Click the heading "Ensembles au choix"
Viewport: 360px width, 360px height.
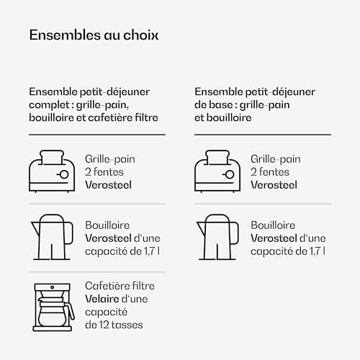point(94,35)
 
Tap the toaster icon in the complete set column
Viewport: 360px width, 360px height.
point(52,171)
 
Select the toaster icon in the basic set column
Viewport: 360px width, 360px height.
point(217,171)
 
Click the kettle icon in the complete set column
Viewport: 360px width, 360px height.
point(52,237)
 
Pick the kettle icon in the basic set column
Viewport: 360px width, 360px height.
point(217,237)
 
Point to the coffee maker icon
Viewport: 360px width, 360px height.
point(53,307)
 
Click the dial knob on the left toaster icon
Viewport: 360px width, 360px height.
point(64,174)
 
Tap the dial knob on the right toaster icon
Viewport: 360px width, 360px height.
point(230,174)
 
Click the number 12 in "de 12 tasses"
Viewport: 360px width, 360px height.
point(104,325)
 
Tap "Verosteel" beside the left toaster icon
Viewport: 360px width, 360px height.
point(108,185)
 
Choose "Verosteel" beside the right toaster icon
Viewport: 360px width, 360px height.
point(274,185)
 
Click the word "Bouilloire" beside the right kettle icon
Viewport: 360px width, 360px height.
point(273,225)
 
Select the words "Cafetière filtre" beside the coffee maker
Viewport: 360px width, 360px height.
point(120,286)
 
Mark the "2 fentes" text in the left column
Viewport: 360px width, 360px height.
point(104,172)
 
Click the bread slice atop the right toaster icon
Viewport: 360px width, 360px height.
point(217,158)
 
